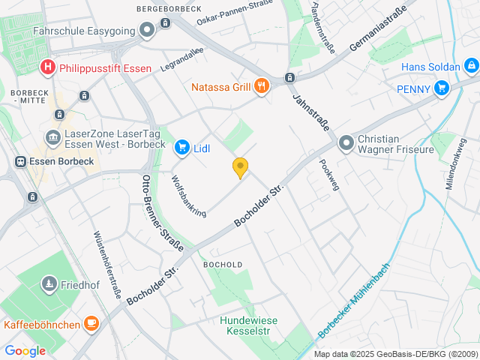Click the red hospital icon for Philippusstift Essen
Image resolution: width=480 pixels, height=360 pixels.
[49, 67]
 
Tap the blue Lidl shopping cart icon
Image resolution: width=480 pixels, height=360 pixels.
[181, 148]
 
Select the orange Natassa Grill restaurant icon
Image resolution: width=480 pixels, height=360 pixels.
[262, 87]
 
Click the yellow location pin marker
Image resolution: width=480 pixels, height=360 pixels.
[240, 168]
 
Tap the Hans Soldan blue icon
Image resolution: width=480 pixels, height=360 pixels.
[471, 67]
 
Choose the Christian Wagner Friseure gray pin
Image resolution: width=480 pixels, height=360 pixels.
[346, 142]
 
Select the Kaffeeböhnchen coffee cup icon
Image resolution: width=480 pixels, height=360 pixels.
[91, 324]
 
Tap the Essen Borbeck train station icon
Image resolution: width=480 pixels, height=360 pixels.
[21, 161]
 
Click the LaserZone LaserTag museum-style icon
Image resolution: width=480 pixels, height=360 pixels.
[53, 137]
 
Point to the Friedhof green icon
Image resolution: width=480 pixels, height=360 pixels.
[49, 284]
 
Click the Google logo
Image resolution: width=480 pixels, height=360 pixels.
[25, 350]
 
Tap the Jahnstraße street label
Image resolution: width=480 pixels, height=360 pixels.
[310, 112]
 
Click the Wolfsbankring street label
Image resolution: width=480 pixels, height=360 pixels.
[188, 196]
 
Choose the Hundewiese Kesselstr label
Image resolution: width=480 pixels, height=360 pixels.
[248, 325]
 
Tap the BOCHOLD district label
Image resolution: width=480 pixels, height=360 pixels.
[223, 265]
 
